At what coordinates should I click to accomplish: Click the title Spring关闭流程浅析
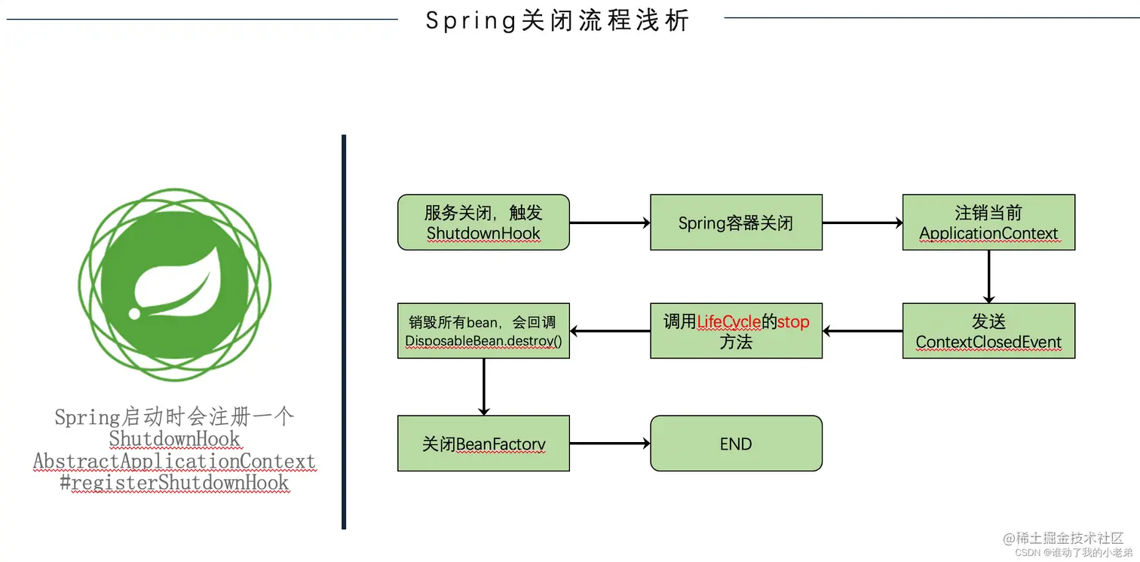(558, 20)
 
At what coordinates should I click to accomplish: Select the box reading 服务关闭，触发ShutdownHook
(483, 223)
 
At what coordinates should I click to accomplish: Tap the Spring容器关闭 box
(736, 223)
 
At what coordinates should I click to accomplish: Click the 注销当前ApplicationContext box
(988, 223)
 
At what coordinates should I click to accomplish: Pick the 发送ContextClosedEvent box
(988, 331)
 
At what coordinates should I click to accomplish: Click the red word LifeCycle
(729, 322)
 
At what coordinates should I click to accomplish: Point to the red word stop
(793, 322)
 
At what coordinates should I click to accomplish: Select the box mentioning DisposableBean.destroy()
(483, 331)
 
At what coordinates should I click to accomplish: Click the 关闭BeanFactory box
(483, 444)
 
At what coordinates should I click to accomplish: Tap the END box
(736, 444)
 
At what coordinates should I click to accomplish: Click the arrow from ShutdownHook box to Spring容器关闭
(609, 223)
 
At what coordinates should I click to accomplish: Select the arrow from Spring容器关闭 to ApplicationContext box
(862, 223)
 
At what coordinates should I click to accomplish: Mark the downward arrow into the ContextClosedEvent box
(988, 277)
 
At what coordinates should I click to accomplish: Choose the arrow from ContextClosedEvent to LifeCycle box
(862, 331)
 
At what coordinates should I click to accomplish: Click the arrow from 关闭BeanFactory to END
(609, 444)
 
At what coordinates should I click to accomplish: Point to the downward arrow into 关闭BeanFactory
(483, 386)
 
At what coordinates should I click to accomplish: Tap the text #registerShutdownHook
(174, 483)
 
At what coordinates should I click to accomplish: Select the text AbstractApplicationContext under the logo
(174, 461)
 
